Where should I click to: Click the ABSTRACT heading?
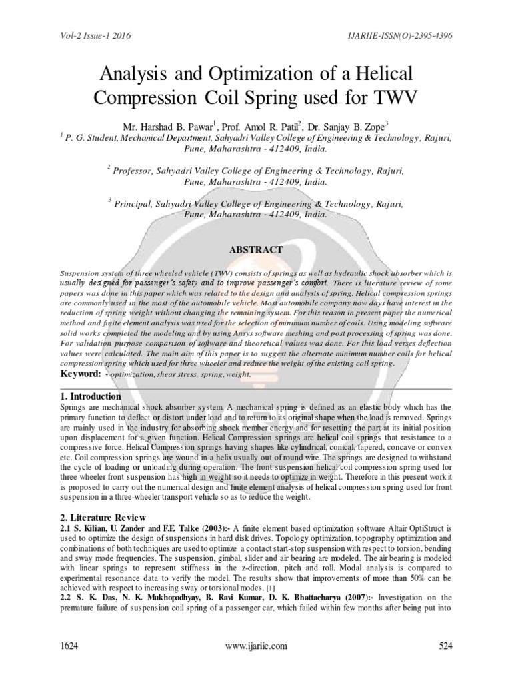click(x=256, y=250)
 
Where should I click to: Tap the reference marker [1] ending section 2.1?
click(x=269, y=589)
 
